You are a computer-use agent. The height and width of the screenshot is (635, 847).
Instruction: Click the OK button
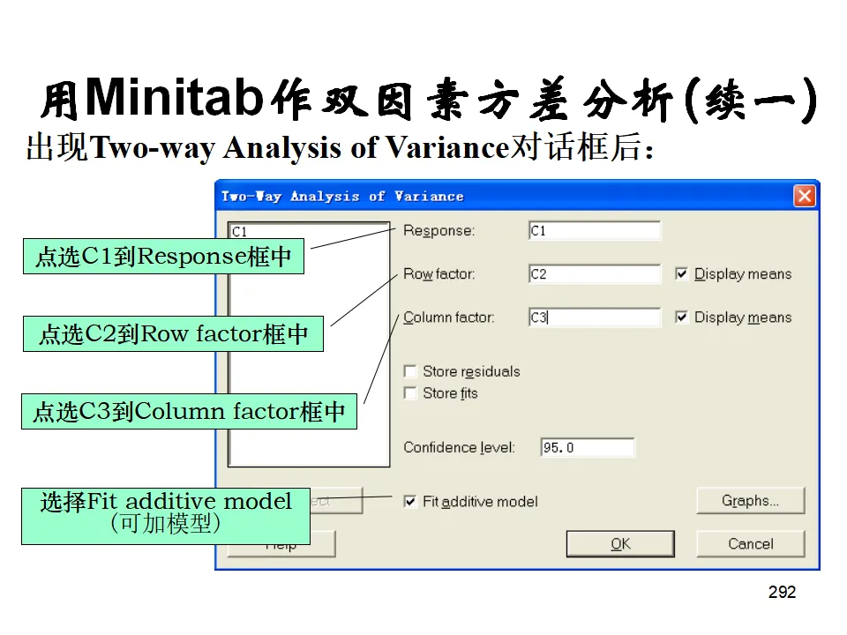(x=620, y=543)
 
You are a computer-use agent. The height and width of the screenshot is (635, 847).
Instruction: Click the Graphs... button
(x=750, y=501)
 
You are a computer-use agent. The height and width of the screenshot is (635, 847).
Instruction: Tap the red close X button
(x=805, y=196)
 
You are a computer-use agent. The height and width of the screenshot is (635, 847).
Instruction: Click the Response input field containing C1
(x=594, y=231)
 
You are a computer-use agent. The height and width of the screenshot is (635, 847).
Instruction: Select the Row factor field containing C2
(x=594, y=274)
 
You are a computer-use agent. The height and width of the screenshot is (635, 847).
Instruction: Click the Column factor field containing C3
(x=594, y=317)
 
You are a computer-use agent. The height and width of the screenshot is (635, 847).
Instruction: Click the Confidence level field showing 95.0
(x=587, y=448)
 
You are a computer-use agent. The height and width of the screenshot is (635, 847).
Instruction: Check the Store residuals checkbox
(x=410, y=371)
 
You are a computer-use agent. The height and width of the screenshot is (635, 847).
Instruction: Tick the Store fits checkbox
(x=410, y=393)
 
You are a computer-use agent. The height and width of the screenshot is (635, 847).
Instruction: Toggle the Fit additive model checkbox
(x=410, y=502)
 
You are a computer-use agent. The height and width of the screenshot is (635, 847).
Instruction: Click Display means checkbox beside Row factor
(x=682, y=274)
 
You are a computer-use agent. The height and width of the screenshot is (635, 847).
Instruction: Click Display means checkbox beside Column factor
(x=682, y=317)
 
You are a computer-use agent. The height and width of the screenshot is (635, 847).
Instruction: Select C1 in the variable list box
(x=240, y=232)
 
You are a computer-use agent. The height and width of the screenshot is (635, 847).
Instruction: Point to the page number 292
(x=782, y=593)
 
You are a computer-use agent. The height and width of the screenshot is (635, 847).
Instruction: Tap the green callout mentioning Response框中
(x=163, y=257)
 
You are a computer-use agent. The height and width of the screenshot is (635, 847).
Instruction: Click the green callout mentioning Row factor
(x=173, y=334)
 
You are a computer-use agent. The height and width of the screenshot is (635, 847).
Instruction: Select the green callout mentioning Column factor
(x=189, y=412)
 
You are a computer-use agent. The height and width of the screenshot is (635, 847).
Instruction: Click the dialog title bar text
(x=342, y=196)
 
